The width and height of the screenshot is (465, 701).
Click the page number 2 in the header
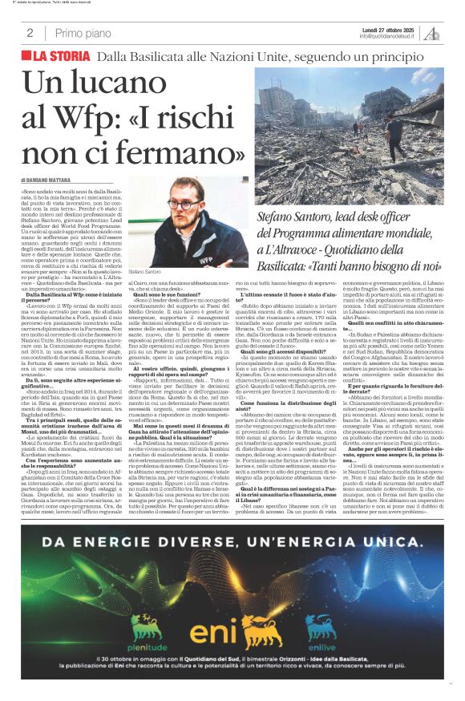point(30,33)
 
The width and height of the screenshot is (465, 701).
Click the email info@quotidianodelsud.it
point(386,37)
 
